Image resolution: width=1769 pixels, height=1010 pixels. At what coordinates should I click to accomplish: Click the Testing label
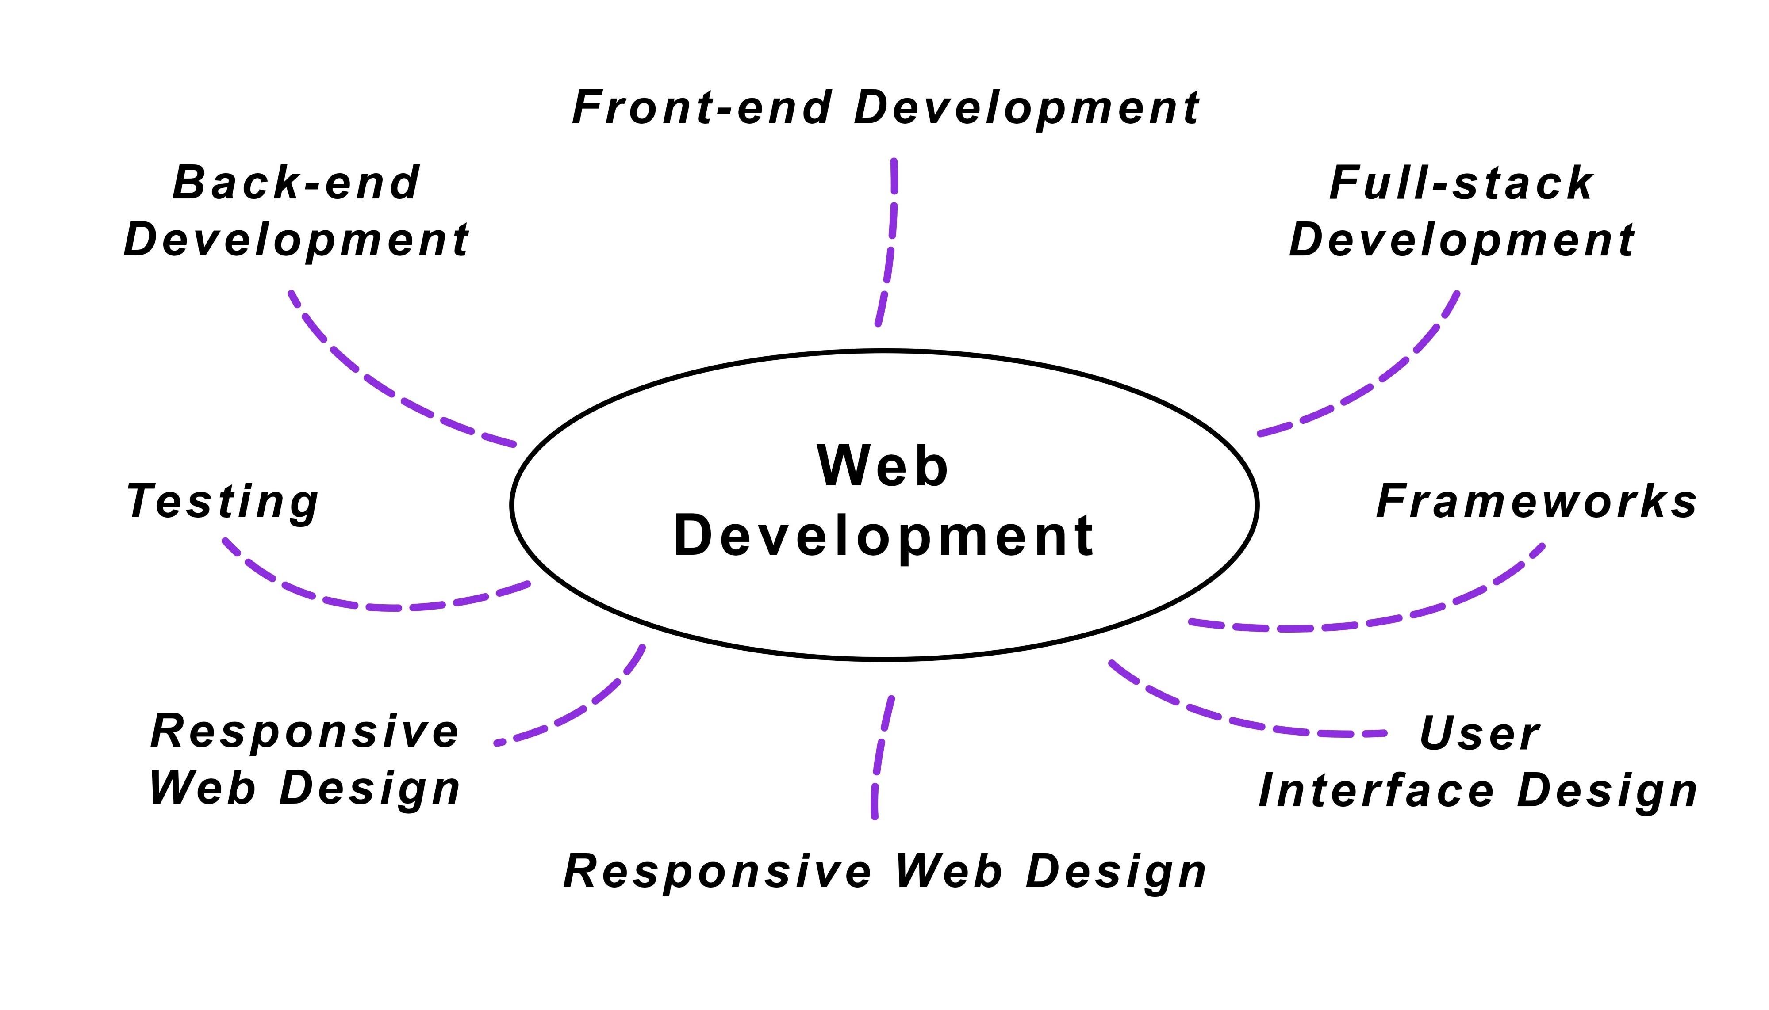point(222,502)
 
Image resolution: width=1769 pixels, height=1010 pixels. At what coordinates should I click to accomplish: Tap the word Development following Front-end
point(1026,109)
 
